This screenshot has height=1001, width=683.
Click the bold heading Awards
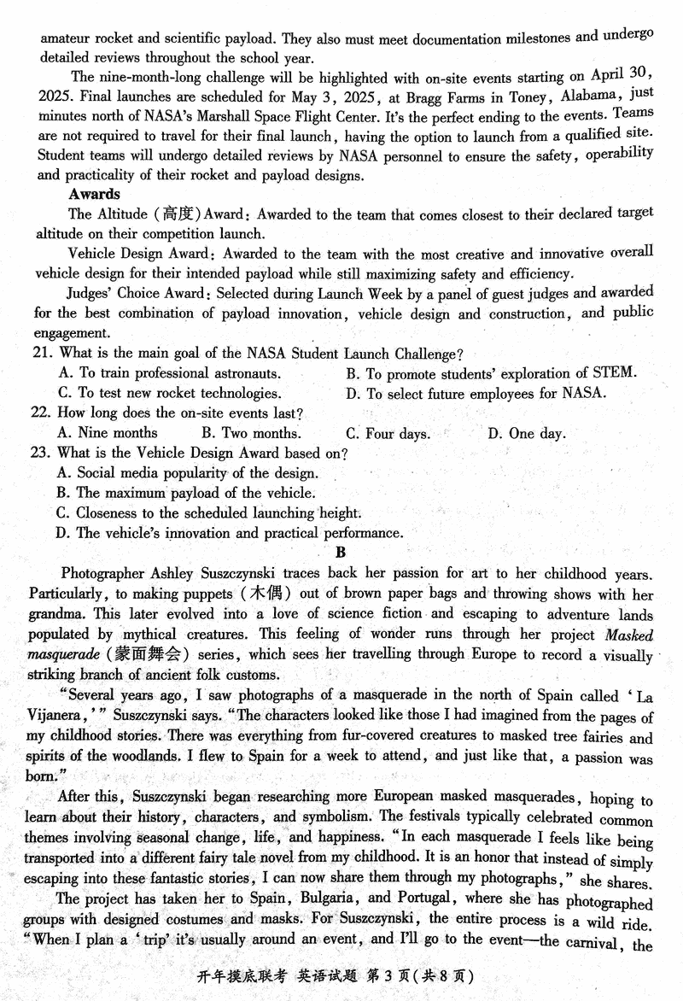[94, 195]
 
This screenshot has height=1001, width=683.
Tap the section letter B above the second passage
[341, 553]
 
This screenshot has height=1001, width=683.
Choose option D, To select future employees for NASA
[476, 393]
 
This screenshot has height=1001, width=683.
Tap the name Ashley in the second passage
[172, 574]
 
